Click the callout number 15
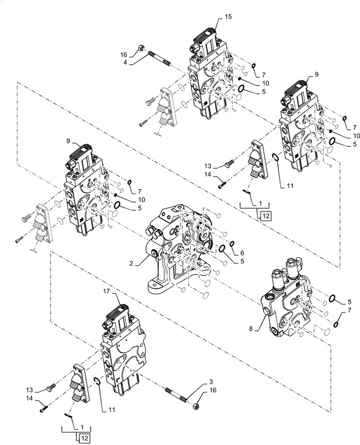227,17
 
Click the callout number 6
242,253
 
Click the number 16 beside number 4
124,55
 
